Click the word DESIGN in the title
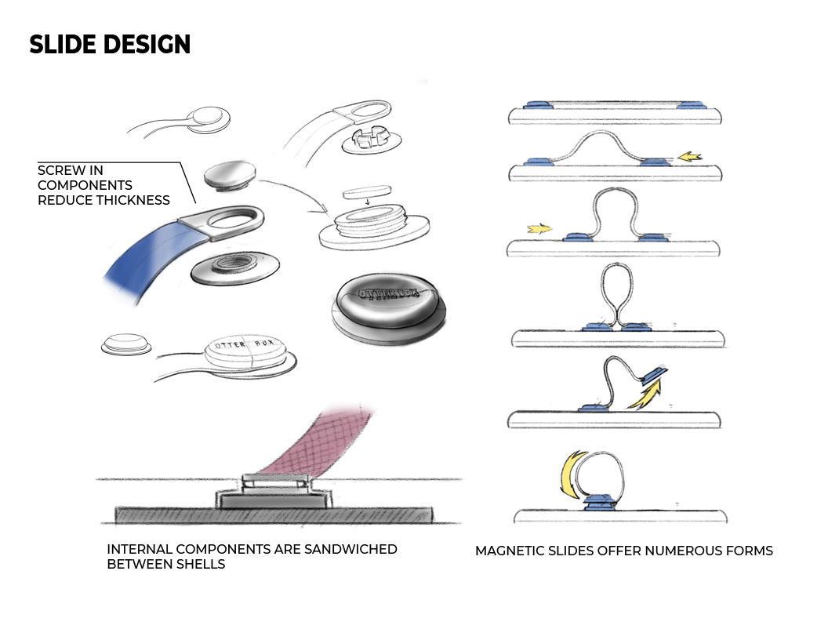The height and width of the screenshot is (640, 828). point(148,45)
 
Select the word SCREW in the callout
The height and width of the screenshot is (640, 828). point(60,170)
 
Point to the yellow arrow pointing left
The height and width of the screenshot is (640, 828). point(689,157)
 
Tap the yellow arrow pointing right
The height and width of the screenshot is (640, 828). point(539,229)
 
